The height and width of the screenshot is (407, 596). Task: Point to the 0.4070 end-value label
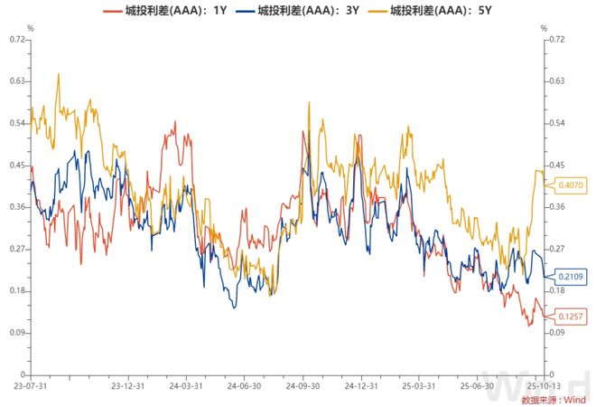(571, 185)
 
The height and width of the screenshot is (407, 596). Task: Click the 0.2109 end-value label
(571, 276)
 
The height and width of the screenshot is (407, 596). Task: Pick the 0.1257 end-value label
(571, 316)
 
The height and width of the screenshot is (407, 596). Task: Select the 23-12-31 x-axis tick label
(126, 385)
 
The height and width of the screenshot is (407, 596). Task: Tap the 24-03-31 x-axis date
(185, 385)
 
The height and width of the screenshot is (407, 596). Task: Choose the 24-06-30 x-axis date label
(244, 385)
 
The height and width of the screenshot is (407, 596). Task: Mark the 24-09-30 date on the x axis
(303, 385)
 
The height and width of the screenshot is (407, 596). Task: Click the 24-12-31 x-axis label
(361, 385)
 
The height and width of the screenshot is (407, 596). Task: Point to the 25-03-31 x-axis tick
(419, 385)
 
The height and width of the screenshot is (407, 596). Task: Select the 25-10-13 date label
(542, 385)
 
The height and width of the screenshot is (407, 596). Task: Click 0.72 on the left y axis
(17, 39)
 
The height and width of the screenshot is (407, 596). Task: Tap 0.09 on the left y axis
(17, 333)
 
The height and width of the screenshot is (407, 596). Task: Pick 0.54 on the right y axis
(556, 123)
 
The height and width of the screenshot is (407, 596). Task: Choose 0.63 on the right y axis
(556, 81)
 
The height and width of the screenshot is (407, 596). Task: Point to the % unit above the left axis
(30, 27)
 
